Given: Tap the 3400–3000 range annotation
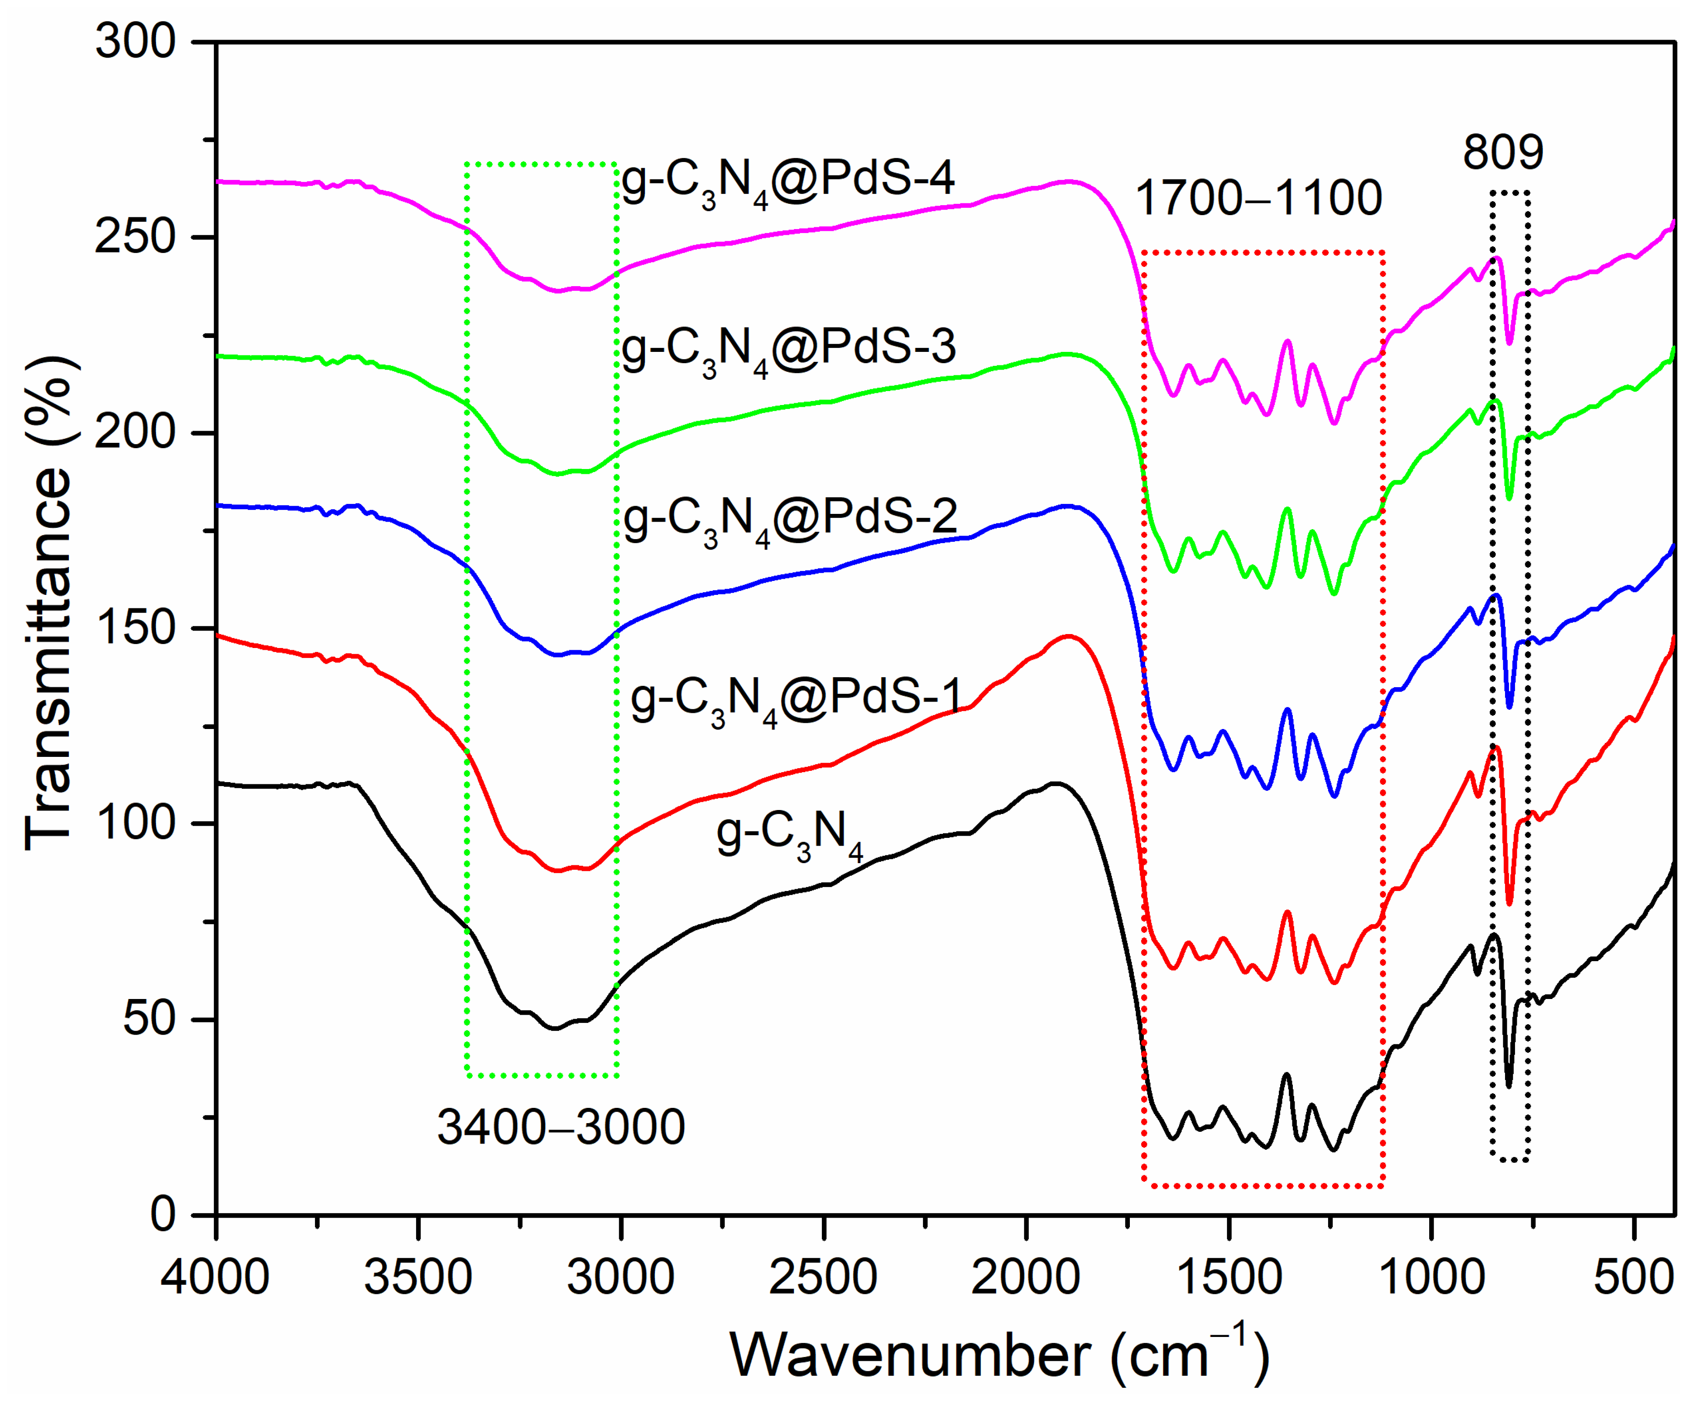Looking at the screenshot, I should coord(561,1127).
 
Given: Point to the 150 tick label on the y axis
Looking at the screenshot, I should coord(136,628).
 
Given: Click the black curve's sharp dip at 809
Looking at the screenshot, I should coord(1509,1085).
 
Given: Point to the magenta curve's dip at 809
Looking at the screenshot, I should coord(1509,343).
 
